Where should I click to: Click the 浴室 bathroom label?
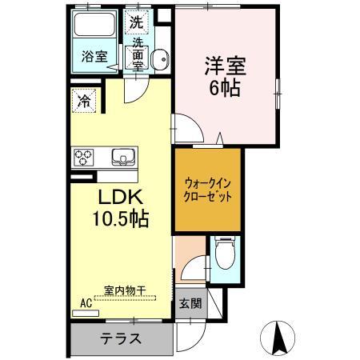[x=95, y=56]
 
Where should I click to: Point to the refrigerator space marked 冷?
[x=84, y=101]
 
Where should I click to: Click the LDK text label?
[x=121, y=198]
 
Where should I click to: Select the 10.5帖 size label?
[x=121, y=218]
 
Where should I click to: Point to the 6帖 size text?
[x=225, y=87]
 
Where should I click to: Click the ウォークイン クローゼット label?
[x=206, y=188]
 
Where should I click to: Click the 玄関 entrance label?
[x=190, y=303]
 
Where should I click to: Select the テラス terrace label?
[x=120, y=337]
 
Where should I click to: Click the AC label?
[x=86, y=303]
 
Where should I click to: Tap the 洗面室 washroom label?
[x=139, y=55]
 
